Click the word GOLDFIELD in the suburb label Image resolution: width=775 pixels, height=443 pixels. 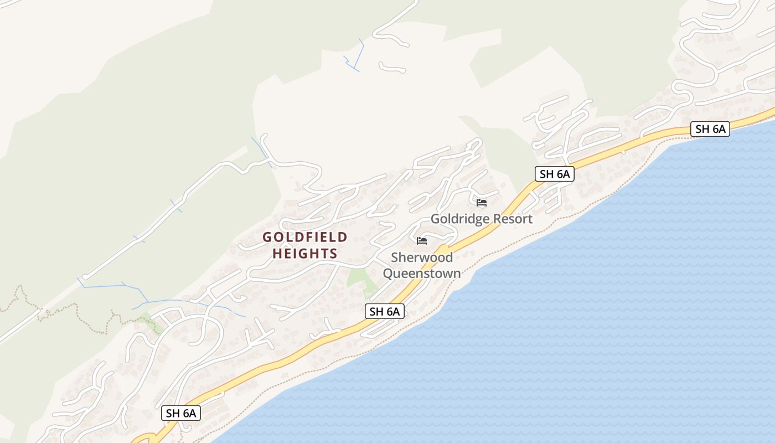point(305,238)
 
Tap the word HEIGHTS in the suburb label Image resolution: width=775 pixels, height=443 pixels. point(305,254)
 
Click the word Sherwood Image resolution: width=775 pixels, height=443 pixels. point(422,257)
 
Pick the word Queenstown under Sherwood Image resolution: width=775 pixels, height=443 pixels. point(422,274)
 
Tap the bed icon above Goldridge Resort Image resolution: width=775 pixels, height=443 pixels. point(482,203)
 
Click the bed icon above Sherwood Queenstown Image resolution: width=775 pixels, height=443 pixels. point(422,241)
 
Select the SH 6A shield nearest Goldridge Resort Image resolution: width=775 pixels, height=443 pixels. point(555,174)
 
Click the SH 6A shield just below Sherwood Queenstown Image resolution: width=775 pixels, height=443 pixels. point(385,311)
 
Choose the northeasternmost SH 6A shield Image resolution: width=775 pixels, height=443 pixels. point(710,129)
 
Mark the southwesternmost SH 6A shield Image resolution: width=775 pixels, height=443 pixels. point(181,413)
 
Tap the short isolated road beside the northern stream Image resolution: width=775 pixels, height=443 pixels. point(392,68)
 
